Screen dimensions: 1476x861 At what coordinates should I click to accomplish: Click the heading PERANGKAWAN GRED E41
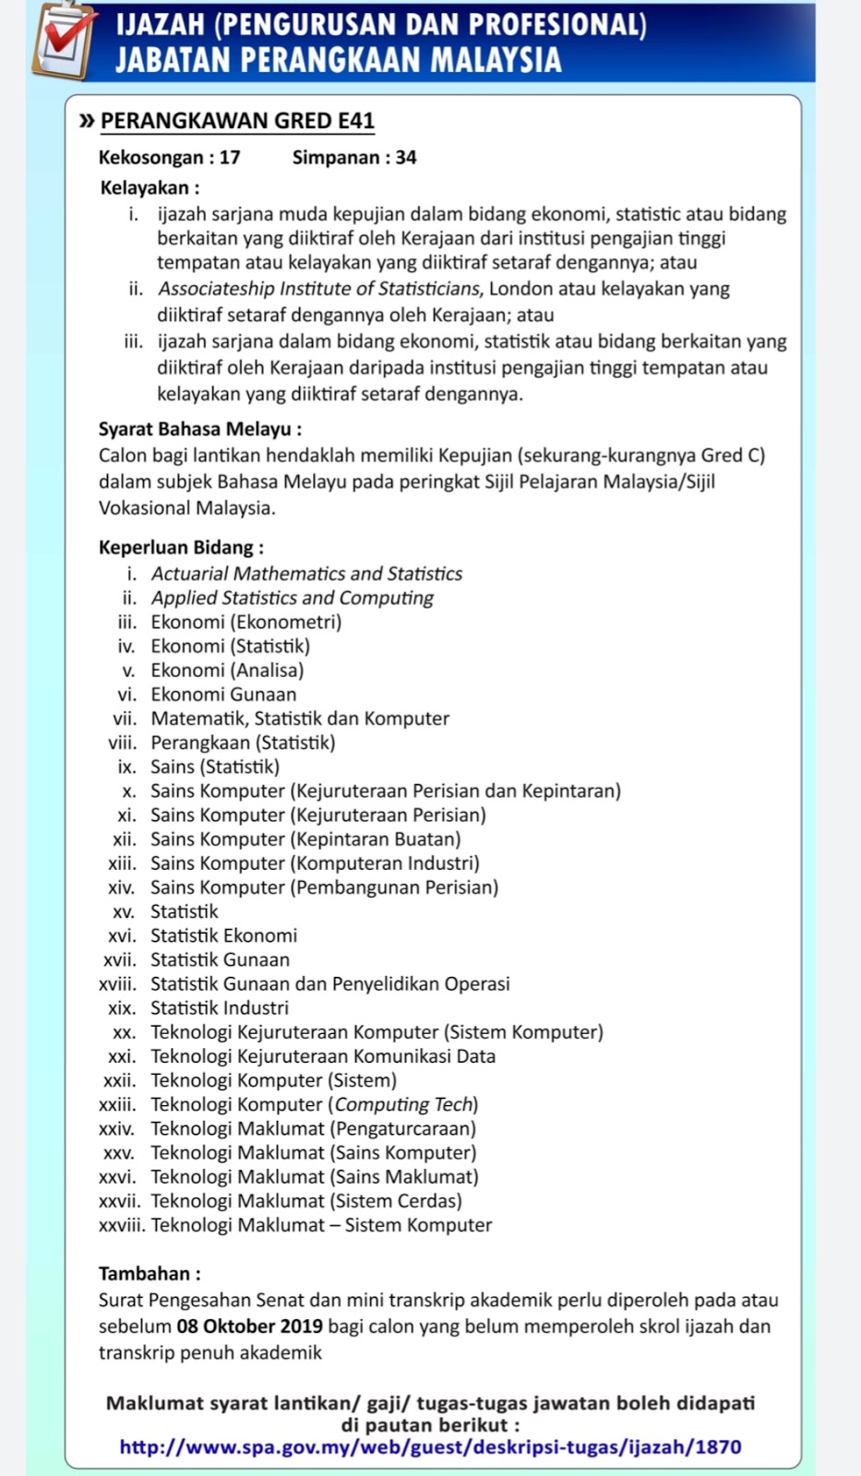point(237,121)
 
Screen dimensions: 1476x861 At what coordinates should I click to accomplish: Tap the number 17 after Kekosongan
point(230,158)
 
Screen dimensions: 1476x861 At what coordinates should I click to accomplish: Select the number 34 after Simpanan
point(406,158)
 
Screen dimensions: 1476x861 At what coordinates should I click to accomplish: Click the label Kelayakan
point(149,188)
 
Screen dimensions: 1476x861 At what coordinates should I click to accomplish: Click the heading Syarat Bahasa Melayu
point(199,429)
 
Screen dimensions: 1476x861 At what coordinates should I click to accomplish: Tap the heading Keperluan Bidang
point(181,547)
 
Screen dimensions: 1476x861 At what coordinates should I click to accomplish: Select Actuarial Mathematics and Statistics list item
point(306,574)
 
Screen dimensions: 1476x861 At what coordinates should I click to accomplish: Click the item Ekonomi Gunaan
point(223,695)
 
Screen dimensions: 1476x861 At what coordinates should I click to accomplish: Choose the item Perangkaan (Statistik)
point(243,743)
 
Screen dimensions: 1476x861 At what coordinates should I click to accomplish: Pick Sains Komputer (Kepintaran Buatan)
point(305,839)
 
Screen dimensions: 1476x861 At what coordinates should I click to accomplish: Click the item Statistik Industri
point(220,1008)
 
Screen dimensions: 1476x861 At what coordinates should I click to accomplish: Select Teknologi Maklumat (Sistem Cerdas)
point(306,1201)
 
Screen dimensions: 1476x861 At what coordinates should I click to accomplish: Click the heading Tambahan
point(149,1274)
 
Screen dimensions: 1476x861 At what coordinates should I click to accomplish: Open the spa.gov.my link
point(430,1446)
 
